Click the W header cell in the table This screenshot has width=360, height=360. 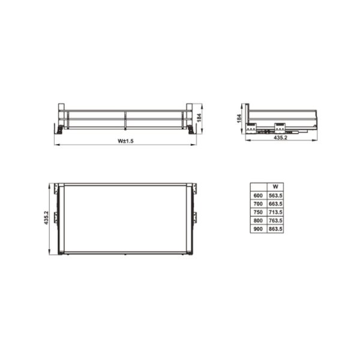tap(275, 187)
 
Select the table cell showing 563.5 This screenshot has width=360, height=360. tap(275, 195)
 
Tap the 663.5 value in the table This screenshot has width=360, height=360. tap(275, 203)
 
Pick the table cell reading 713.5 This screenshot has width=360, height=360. tap(275, 212)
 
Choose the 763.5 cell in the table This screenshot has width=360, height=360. tap(275, 220)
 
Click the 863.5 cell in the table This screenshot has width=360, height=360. tap(275, 229)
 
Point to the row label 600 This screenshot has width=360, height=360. tap(258, 195)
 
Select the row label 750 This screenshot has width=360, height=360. tap(258, 212)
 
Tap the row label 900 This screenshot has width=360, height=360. tap(258, 229)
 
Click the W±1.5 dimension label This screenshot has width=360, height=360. tap(125, 141)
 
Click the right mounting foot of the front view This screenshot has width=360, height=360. tap(190, 129)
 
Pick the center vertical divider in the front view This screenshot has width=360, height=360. tap(125, 119)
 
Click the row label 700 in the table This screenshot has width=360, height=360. tap(258, 203)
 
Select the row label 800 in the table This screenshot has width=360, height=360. tap(258, 220)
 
